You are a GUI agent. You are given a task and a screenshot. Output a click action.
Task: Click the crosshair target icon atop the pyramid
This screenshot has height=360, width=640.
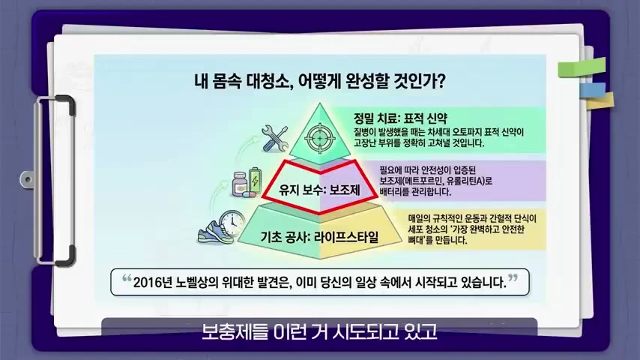click(319, 139)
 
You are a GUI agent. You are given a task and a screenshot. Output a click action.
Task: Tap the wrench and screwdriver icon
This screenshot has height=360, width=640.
click(275, 139)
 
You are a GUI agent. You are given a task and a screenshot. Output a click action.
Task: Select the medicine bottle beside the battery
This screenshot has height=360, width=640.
click(240, 184)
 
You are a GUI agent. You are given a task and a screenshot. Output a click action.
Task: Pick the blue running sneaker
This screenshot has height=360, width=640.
click(215, 233)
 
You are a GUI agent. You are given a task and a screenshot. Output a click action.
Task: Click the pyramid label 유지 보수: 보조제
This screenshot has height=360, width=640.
click(319, 190)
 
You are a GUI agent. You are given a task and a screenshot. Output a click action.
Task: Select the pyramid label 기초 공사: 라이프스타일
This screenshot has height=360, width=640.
click(319, 237)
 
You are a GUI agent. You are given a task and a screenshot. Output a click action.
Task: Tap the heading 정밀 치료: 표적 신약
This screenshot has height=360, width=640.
click(400, 119)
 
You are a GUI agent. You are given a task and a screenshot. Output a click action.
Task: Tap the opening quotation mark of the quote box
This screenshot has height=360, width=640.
click(127, 279)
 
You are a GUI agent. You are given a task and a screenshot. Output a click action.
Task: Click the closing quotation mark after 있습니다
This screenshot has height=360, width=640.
click(513, 278)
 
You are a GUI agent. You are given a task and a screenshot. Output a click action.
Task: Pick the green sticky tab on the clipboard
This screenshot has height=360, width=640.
click(582, 67)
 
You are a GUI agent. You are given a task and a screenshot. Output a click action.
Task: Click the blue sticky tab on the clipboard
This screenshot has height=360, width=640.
click(593, 90)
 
